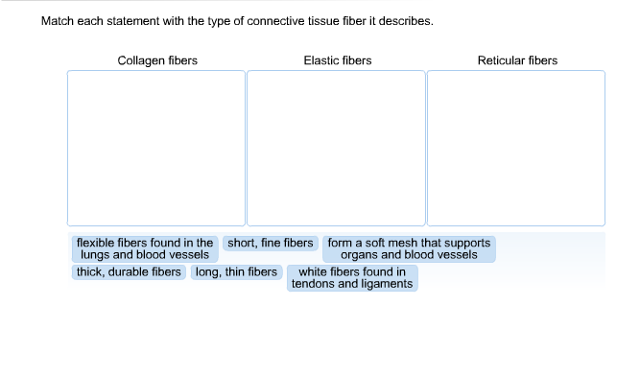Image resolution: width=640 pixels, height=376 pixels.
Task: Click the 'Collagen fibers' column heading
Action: coord(157,60)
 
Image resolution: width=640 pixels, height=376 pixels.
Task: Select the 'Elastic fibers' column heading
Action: coord(337,60)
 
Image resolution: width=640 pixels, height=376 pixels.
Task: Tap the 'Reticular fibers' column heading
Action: coord(517,60)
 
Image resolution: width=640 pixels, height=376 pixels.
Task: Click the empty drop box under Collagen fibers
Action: coord(156,148)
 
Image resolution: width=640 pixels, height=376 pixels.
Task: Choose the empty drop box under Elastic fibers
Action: coord(336,148)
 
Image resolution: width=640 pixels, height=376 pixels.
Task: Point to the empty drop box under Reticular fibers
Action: coord(516,148)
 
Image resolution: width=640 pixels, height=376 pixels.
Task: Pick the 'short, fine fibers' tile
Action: coord(271,244)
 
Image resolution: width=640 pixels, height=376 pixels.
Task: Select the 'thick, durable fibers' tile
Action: coord(129,272)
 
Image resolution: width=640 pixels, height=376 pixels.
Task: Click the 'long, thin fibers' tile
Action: coord(236,272)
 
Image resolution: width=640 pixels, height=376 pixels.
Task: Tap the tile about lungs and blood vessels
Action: coord(145,249)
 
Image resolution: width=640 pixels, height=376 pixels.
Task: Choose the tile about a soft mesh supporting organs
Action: coord(409,249)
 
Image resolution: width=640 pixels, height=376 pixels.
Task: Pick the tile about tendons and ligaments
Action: coord(352,278)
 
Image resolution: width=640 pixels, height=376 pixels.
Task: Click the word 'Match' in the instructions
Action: coord(58,20)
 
